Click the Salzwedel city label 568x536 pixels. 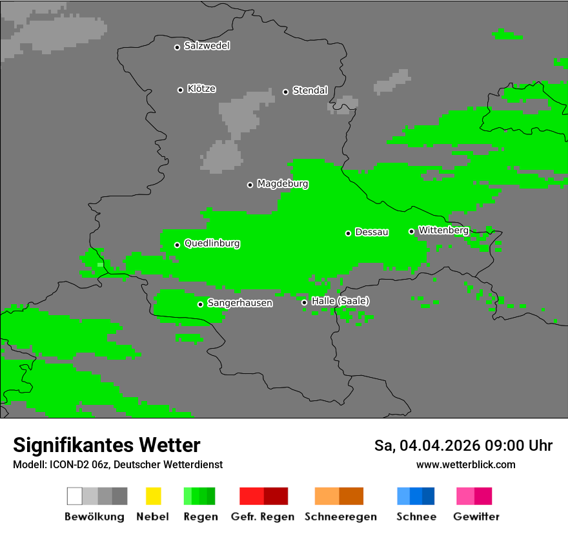[207, 46]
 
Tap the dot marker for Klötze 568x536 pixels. [180, 90]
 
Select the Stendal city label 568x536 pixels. [310, 90]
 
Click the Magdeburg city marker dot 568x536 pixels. [250, 185]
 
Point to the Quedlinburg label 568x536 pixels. [212, 243]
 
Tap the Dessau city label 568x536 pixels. [372, 232]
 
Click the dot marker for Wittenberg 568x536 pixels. [411, 231]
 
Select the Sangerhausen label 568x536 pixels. [239, 303]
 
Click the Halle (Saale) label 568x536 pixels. [340, 301]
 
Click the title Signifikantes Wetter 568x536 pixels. [107, 445]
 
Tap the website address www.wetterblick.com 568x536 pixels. [465, 464]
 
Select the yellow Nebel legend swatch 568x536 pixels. [153, 496]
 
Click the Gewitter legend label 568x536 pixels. [476, 517]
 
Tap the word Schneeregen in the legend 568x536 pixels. [339, 517]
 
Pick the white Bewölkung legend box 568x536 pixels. [75, 496]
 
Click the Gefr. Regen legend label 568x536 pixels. [263, 517]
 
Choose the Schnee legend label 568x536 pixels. [416, 517]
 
